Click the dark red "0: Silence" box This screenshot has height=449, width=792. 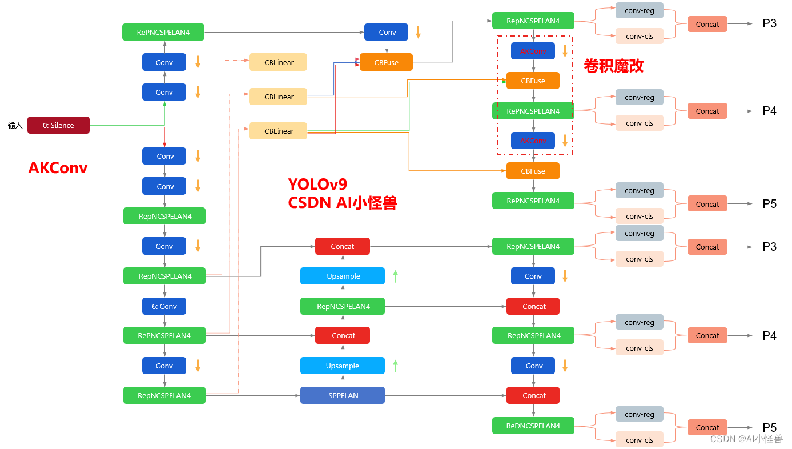[x=58, y=125]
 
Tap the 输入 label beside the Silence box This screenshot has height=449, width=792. [x=15, y=125]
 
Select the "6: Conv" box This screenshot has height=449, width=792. [x=164, y=306]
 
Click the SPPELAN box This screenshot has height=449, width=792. [x=343, y=395]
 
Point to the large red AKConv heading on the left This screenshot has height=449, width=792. [x=58, y=167]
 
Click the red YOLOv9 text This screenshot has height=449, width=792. [x=317, y=184]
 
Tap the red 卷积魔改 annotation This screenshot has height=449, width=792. [x=613, y=66]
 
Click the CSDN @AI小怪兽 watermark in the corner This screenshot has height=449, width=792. [x=746, y=439]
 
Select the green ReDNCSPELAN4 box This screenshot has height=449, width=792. [x=533, y=426]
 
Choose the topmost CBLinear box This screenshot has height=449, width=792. [x=278, y=62]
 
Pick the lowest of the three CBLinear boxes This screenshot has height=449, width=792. [x=278, y=131]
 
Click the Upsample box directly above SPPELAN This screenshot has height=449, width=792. [x=343, y=366]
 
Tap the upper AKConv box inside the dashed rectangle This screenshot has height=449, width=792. [x=533, y=51]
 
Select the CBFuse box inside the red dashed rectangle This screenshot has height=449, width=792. [x=533, y=81]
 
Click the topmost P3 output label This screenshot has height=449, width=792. [x=769, y=24]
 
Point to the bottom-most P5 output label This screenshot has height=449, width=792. [x=769, y=427]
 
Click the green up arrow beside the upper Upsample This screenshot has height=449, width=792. [x=395, y=276]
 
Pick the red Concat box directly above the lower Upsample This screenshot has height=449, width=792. [x=343, y=335]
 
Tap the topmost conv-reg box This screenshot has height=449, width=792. [x=640, y=10]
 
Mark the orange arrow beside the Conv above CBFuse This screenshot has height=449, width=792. [x=418, y=32]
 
